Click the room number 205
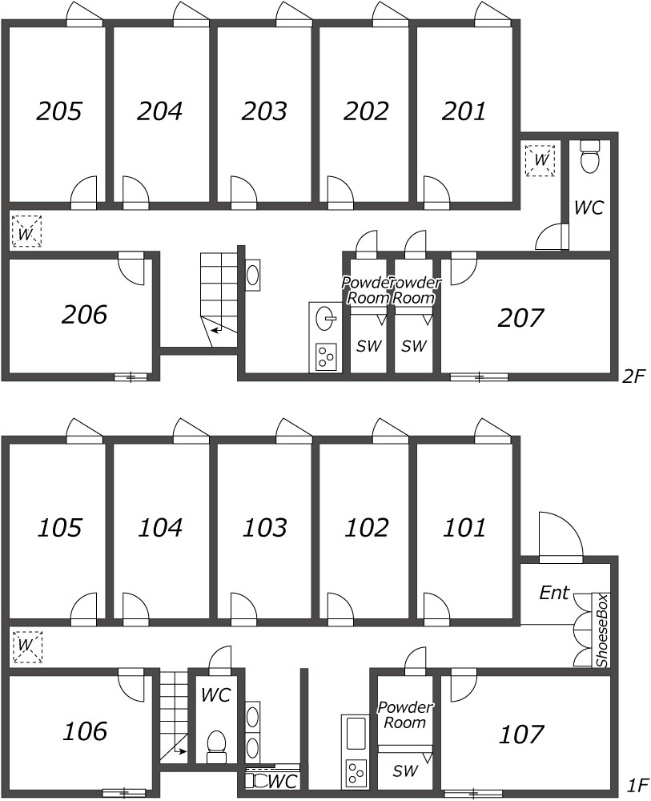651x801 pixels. click(60, 111)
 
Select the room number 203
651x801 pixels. click(265, 111)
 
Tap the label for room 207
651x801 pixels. click(520, 318)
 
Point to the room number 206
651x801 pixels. click(84, 315)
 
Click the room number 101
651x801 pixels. click(464, 528)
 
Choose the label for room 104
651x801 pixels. click(160, 528)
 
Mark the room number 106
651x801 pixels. click(84, 731)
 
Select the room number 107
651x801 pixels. click(521, 734)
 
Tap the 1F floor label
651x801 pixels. click(637, 787)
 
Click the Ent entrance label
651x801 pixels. click(554, 594)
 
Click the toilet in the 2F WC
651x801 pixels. click(590, 159)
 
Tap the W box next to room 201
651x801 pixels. click(541, 159)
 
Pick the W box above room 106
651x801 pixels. click(26, 645)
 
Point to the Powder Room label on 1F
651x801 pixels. click(404, 714)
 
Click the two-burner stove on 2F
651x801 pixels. click(326, 355)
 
